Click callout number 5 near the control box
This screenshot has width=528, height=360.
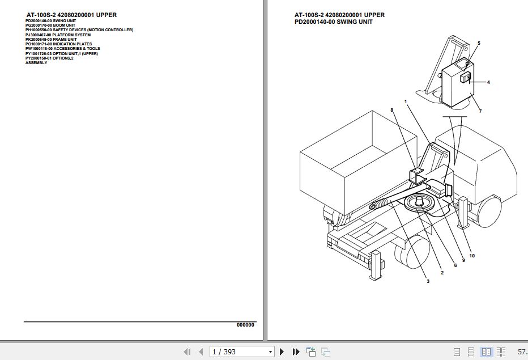pos(479,44)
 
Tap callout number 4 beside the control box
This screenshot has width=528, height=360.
pos(488,82)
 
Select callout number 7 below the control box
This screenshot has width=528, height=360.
pos(480,111)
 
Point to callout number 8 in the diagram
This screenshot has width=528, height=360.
pos(391,110)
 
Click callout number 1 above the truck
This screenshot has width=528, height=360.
pos(406,101)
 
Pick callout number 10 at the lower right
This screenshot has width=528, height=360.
pos(472,256)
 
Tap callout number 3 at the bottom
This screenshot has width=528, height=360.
pos(428,281)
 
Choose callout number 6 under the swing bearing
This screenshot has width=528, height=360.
pos(454,265)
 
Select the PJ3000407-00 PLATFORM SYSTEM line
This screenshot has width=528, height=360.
pos(58,35)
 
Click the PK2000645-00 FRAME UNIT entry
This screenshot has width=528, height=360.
pos(51,40)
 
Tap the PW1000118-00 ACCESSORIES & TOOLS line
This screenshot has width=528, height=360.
pos(62,49)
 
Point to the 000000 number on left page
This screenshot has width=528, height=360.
pos(245,325)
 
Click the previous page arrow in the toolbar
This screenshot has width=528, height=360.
pos(201,352)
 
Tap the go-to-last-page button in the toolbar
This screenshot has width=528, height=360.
pos(296,352)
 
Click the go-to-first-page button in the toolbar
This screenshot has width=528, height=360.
pos(187,352)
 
